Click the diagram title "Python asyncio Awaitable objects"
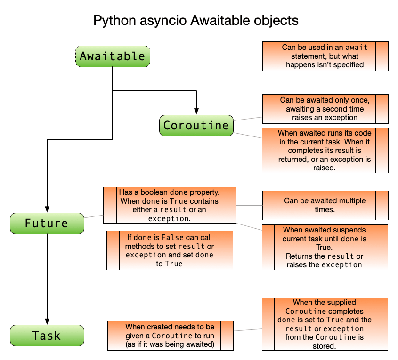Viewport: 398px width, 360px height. point(195,21)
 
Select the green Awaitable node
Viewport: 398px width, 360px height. point(113,56)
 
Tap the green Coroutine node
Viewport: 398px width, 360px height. point(196,126)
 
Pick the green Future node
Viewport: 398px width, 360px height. point(47,223)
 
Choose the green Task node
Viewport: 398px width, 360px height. point(47,336)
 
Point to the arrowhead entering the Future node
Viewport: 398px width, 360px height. point(47,208)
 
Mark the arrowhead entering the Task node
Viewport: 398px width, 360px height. point(47,320)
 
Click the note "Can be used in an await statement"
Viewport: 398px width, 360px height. point(325,56)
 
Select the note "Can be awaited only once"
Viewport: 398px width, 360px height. point(325,109)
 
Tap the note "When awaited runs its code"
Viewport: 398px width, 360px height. point(325,150)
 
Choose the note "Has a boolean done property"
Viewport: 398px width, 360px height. point(170,205)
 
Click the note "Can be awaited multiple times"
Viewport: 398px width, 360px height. point(325,205)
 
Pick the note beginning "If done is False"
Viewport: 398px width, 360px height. point(170,250)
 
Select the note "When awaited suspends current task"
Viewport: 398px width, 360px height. point(325,247)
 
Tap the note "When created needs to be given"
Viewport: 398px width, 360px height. point(170,336)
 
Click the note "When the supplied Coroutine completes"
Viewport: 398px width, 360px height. point(325,324)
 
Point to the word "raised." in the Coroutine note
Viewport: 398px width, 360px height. point(325,167)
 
